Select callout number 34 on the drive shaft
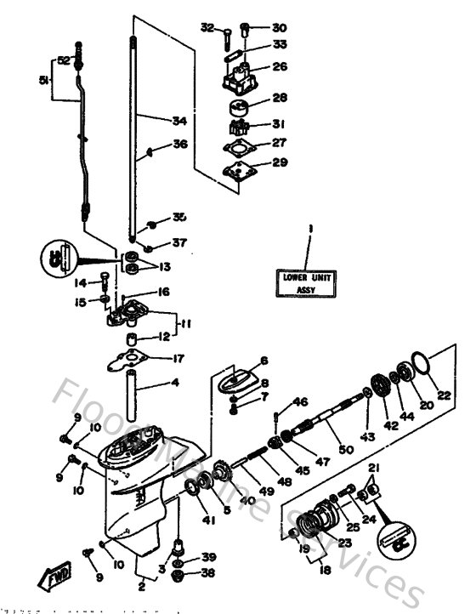[178, 120]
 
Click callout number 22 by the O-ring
[443, 394]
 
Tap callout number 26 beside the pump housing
[280, 67]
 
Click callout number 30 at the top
[280, 27]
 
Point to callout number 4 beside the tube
[175, 383]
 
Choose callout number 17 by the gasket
[178, 358]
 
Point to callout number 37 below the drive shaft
[178, 243]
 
